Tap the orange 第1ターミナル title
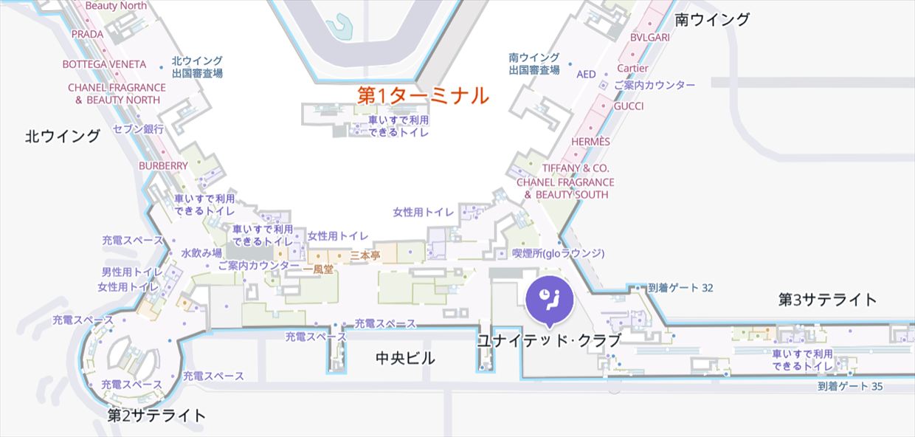pos(423,95)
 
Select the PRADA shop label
pos(88,34)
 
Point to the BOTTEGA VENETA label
pos(104,64)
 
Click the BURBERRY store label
pos(163,166)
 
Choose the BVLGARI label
pos(649,37)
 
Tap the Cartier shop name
pos(632,69)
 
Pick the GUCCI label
pos(629,106)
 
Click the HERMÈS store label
pos(590,142)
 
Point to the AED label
pos(586,75)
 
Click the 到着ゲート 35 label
pos(850,386)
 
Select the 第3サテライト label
pos(828,300)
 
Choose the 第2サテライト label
pos(157,415)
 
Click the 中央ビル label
pos(405,359)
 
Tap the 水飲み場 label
pos(201,252)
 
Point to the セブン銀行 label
pos(138,129)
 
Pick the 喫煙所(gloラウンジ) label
pos(559,253)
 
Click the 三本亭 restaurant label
pos(365,255)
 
